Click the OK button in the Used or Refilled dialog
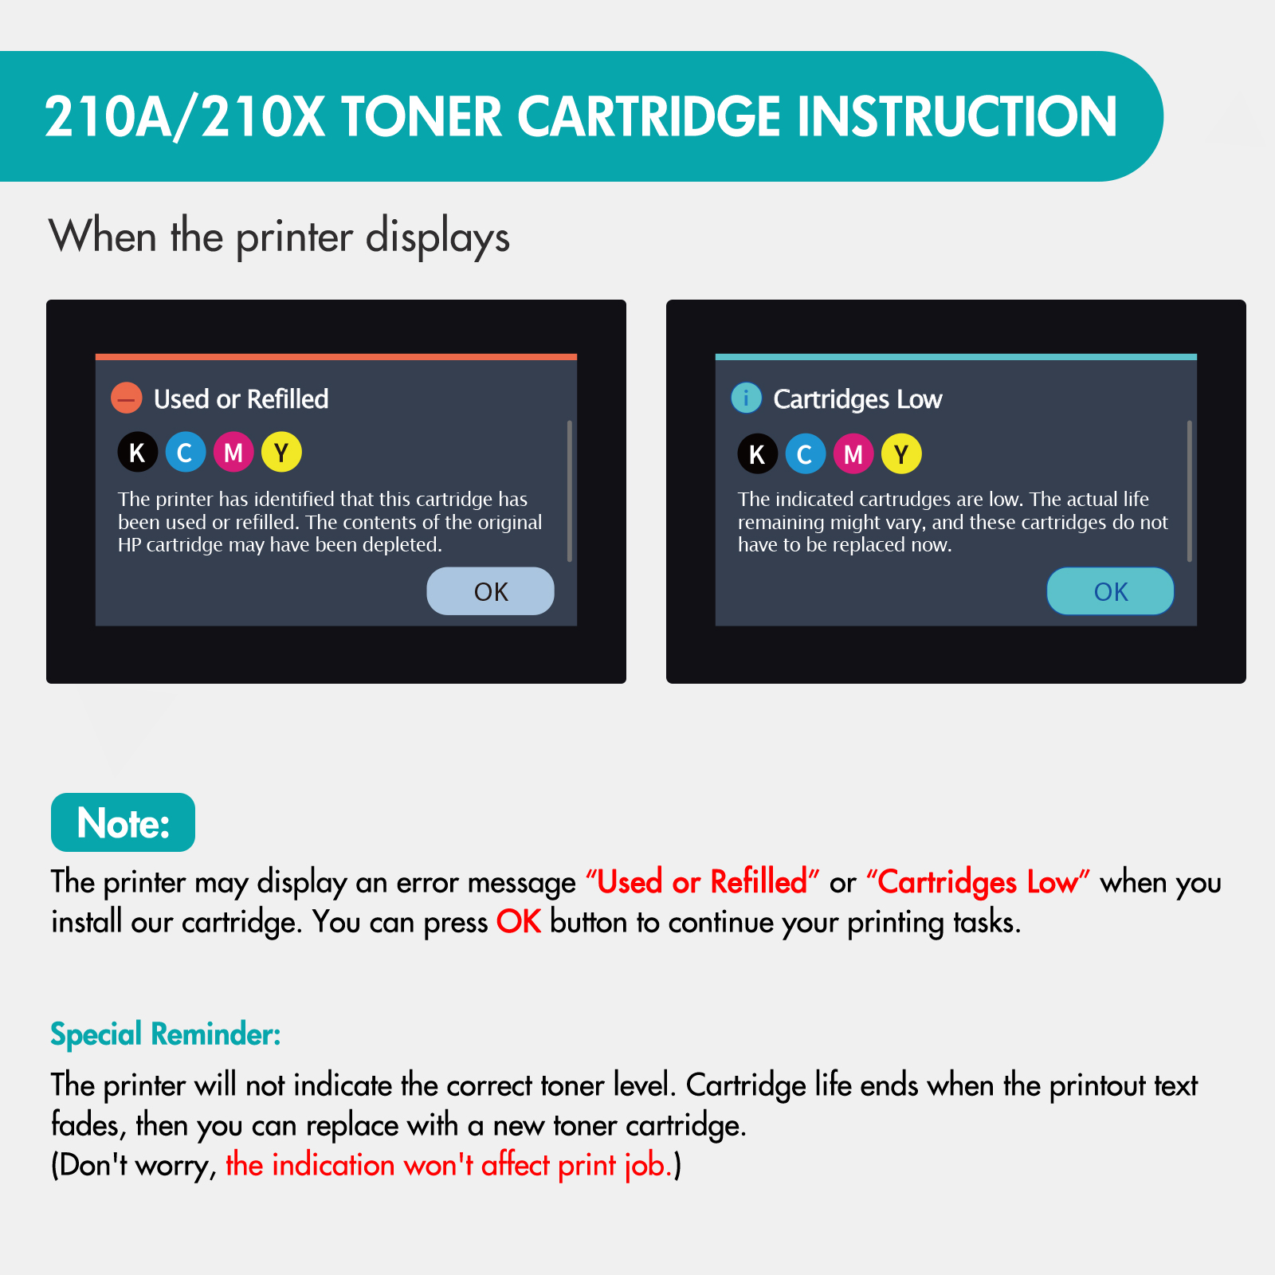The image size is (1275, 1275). pyautogui.click(x=490, y=591)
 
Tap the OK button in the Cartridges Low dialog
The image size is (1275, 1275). pyautogui.click(x=1110, y=591)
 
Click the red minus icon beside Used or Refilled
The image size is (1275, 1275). pyautogui.click(x=127, y=398)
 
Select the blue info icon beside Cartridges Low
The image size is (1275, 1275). pyautogui.click(x=747, y=398)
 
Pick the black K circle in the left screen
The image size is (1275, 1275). pyautogui.click(x=138, y=452)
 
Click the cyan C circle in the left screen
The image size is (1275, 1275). pyautogui.click(x=186, y=452)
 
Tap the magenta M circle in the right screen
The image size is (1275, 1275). pyautogui.click(x=853, y=453)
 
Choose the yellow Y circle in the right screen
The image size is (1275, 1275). pyautogui.click(x=901, y=453)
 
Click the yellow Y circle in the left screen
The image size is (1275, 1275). pyautogui.click(x=281, y=452)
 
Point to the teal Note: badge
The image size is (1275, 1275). pyautogui.click(x=123, y=822)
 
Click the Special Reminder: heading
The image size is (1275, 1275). pyautogui.click(x=166, y=1034)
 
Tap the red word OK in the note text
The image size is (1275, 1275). pyautogui.click(x=519, y=921)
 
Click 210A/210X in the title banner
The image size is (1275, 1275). pyautogui.click(x=185, y=116)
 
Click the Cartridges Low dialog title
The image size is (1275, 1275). pyautogui.click(x=857, y=398)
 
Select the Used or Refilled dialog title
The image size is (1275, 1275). pyautogui.click(x=241, y=398)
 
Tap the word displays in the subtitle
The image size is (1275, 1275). pyautogui.click(x=437, y=237)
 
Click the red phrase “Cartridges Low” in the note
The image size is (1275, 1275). pyautogui.click(x=978, y=882)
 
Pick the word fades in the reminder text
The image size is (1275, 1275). pyautogui.click(x=84, y=1125)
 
